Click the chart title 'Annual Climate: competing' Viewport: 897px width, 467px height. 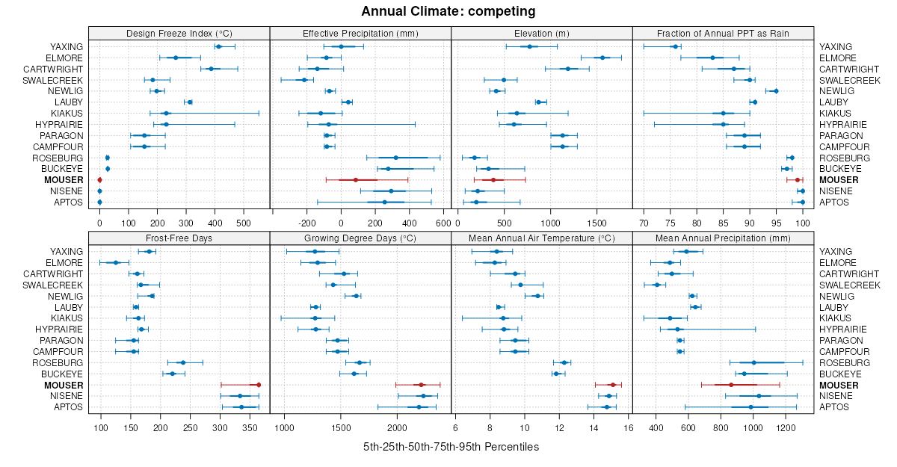pos(448,11)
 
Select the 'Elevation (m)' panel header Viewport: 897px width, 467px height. pos(542,34)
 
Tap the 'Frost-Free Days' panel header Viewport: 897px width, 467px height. pos(179,238)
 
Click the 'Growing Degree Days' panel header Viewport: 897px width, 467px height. pos(360,238)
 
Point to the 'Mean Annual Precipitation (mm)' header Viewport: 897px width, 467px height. pos(723,238)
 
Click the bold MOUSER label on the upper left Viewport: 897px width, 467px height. pos(64,180)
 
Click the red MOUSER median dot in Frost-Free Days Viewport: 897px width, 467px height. pos(259,385)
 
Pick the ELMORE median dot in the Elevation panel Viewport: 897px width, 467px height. pos(602,58)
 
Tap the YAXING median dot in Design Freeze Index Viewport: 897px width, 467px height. pos(218,46)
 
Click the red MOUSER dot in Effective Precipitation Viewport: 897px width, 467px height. pos(356,180)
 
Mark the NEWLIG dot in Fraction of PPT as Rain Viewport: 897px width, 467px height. pos(776,91)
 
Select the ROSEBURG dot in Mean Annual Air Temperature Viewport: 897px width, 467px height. pos(564,362)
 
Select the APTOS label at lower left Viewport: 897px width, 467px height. pos(68,407)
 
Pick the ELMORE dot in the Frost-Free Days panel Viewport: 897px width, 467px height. pos(116,262)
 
